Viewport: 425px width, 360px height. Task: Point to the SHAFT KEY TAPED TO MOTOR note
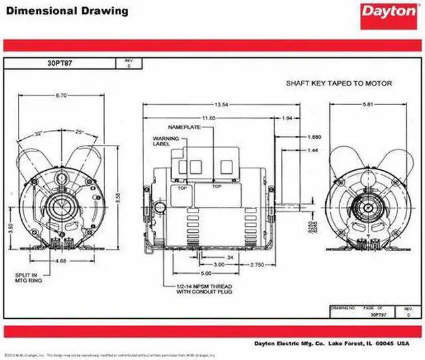[x=339, y=84]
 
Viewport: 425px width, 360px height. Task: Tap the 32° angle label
[x=39, y=134]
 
